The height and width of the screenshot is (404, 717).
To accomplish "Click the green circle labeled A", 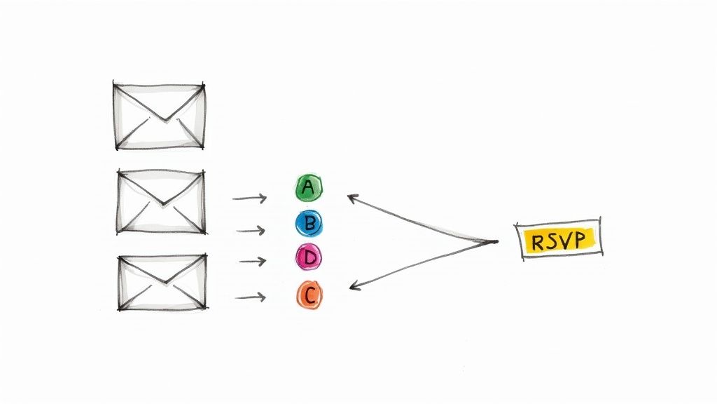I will coord(308,187).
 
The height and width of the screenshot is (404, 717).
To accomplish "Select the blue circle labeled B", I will coord(308,224).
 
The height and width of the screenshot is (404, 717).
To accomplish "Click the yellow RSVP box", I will coord(558,241).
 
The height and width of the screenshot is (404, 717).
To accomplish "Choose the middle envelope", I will coord(161,201).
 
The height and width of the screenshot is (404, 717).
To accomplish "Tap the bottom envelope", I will coord(162,283).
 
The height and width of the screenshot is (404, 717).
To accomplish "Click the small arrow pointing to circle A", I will coord(250,198).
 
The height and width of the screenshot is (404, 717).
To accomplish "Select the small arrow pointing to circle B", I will coord(251,230).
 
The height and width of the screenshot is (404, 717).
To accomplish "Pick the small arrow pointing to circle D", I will coord(253,262).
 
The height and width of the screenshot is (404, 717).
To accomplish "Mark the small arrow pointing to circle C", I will coord(251,297).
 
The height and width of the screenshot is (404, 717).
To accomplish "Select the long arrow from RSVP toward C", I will coord(420,264).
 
